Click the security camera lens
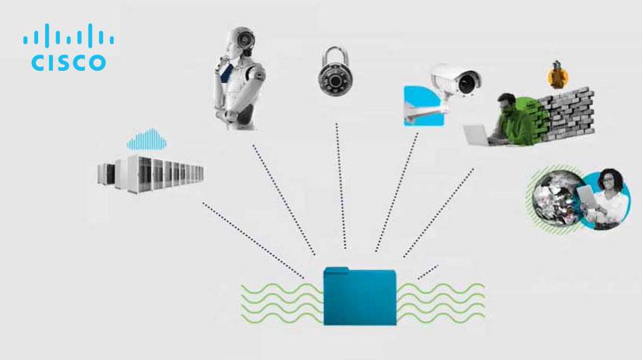(468, 80)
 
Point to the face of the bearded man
(506, 104)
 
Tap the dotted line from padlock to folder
(341, 187)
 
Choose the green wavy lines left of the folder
(280, 304)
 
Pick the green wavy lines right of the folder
(440, 304)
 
